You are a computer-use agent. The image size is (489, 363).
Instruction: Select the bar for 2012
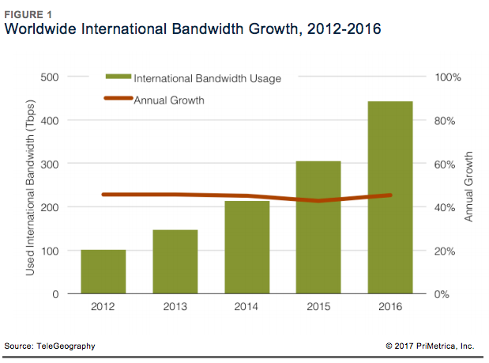pos(103,272)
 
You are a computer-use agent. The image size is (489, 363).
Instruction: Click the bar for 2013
pos(175,262)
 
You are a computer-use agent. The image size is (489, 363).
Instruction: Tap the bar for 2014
pos(246,248)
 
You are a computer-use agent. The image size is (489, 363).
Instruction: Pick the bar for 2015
pos(318,228)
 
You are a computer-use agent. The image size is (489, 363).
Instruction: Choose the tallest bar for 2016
pos(390,198)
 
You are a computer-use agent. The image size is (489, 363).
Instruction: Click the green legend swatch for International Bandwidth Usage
pos(118,78)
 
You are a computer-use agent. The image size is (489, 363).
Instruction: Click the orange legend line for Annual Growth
pos(118,100)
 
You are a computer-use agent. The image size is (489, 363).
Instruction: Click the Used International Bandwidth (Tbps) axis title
pos(31,187)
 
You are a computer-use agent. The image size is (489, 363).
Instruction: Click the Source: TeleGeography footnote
pos(50,346)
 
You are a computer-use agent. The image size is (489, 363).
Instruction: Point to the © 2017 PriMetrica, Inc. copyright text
pos(430,346)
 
